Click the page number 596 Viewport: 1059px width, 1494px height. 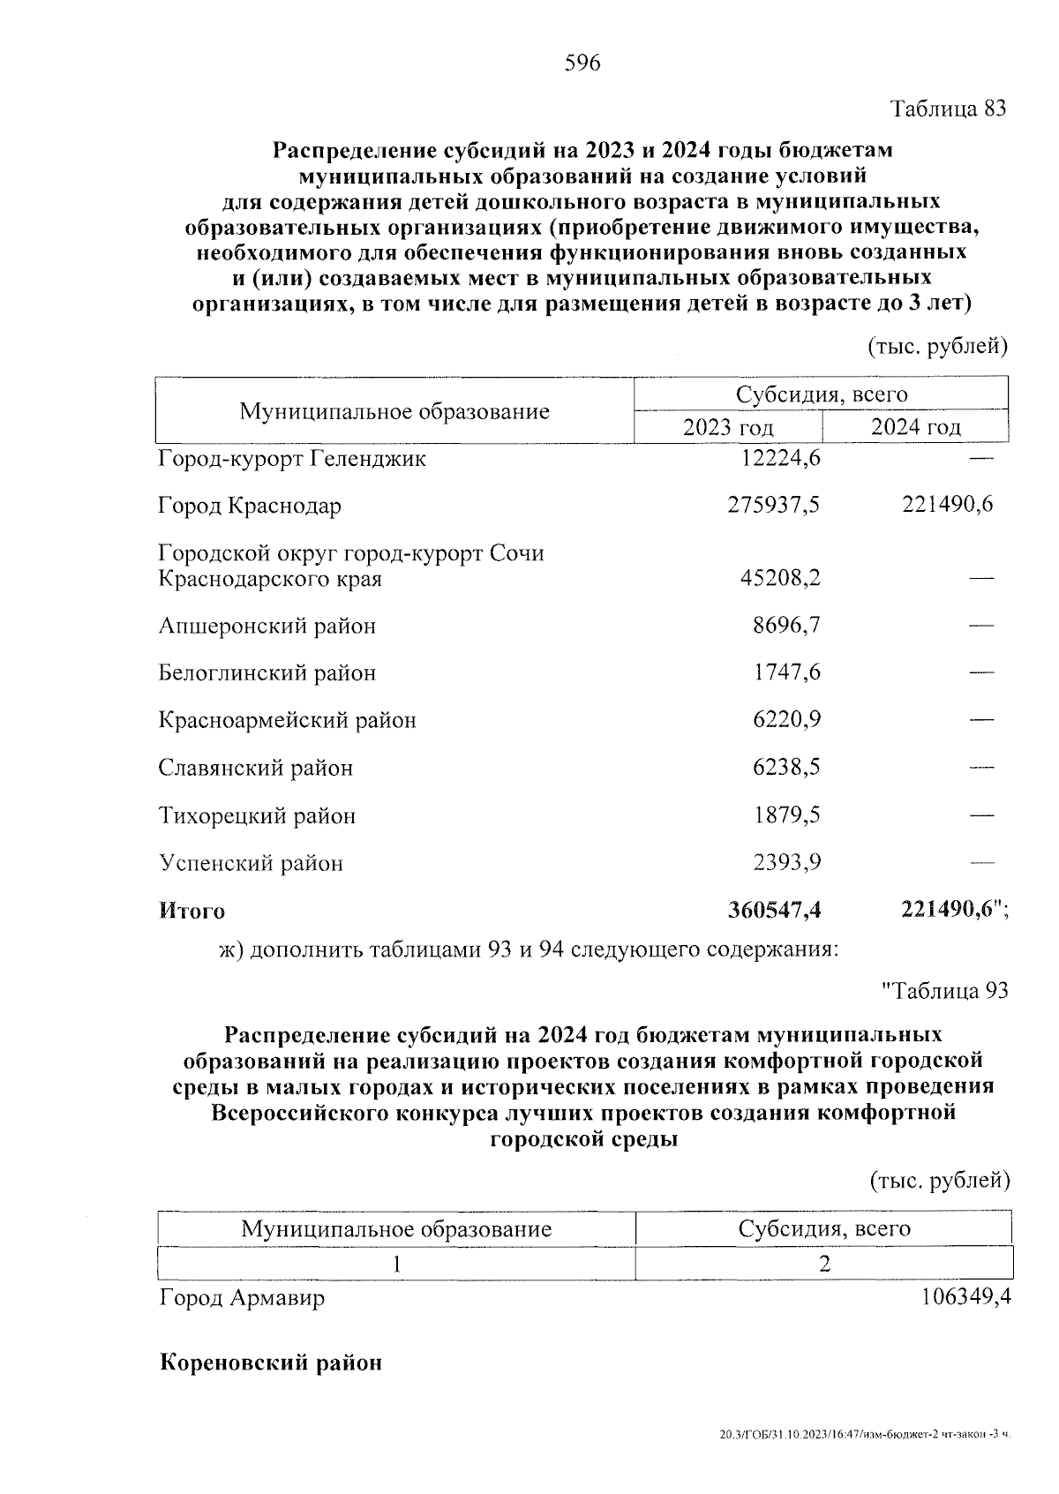[x=582, y=63]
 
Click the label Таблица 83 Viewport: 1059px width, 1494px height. [x=948, y=109]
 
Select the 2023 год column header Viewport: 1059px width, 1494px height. [x=728, y=428]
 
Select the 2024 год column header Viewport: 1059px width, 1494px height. [x=915, y=427]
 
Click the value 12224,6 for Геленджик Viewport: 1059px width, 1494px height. [x=775, y=459]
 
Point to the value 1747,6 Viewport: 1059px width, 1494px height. [x=786, y=672]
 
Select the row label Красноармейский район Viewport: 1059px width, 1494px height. [x=287, y=720]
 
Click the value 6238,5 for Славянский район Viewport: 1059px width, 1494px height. [x=786, y=767]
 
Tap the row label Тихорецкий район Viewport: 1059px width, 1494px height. [x=257, y=815]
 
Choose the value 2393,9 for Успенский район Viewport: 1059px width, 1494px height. [x=786, y=862]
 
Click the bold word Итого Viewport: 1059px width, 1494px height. [x=192, y=911]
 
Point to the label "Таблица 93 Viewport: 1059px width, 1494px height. [x=945, y=991]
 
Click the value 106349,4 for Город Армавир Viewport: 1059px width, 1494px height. [x=965, y=1298]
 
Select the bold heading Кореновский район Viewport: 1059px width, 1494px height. [x=270, y=1363]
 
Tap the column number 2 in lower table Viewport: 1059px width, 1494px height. [x=824, y=1264]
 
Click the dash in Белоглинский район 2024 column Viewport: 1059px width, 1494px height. [x=981, y=673]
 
